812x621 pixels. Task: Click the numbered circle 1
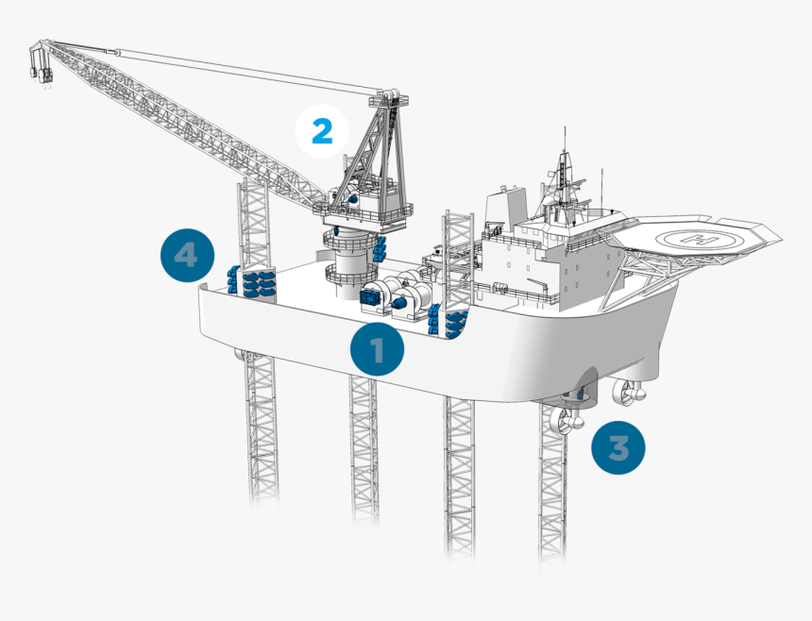(377, 351)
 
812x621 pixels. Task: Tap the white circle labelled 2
(322, 131)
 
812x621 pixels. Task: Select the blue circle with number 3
(618, 446)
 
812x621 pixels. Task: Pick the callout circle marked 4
(186, 255)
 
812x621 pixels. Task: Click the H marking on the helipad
(700, 240)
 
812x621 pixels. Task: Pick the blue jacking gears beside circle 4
(253, 281)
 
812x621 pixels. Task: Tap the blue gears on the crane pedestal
(380, 248)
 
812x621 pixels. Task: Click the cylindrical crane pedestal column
(346, 255)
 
